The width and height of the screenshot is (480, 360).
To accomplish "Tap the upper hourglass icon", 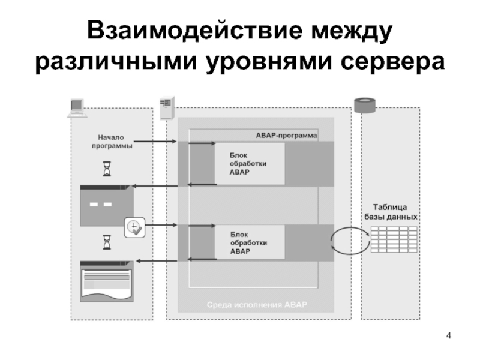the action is click(107, 170).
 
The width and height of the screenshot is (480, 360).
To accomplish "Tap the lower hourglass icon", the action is click(107, 243).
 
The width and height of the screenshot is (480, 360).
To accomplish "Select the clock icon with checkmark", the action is click(133, 226).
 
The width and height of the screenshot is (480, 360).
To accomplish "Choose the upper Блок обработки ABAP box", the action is click(250, 163).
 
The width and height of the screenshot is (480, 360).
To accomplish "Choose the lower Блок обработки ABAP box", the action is click(250, 242).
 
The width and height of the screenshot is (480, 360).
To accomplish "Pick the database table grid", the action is click(393, 239).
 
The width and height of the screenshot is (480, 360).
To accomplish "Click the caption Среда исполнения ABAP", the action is click(256, 304).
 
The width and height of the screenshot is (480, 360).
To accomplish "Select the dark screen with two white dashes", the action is click(106, 206).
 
